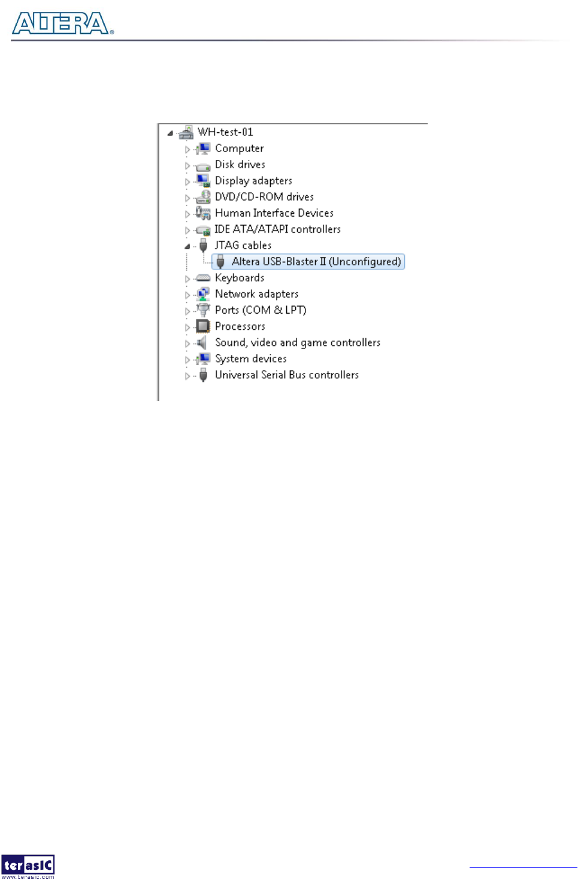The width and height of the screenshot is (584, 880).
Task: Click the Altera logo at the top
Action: click(62, 23)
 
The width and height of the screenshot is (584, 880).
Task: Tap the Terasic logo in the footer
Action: click(28, 866)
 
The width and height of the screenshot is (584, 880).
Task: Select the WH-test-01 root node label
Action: click(225, 132)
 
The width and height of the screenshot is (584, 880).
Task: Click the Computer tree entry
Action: click(239, 148)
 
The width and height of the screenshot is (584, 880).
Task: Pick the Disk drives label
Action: click(240, 165)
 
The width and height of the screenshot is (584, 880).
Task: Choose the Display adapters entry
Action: click(253, 181)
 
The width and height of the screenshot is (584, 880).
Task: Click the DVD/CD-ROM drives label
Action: click(264, 197)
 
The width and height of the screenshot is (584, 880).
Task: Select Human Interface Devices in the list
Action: click(274, 213)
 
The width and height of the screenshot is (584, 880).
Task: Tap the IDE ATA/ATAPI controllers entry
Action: click(277, 229)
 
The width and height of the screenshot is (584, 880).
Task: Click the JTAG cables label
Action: click(243, 245)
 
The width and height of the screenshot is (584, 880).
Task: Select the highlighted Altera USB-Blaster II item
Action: click(316, 262)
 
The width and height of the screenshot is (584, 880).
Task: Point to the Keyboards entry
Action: click(239, 278)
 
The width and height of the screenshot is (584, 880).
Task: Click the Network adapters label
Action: click(256, 294)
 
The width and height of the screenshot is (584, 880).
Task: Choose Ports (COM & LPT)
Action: click(261, 310)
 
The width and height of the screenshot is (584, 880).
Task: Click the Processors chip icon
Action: click(203, 326)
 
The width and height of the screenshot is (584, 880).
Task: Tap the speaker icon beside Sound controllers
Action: click(202, 342)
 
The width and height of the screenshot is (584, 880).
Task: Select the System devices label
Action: click(250, 359)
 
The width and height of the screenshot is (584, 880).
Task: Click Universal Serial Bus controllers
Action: click(286, 375)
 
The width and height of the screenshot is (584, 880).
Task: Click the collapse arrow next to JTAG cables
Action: click(187, 246)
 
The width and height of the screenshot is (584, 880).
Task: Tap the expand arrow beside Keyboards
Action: click(187, 278)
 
